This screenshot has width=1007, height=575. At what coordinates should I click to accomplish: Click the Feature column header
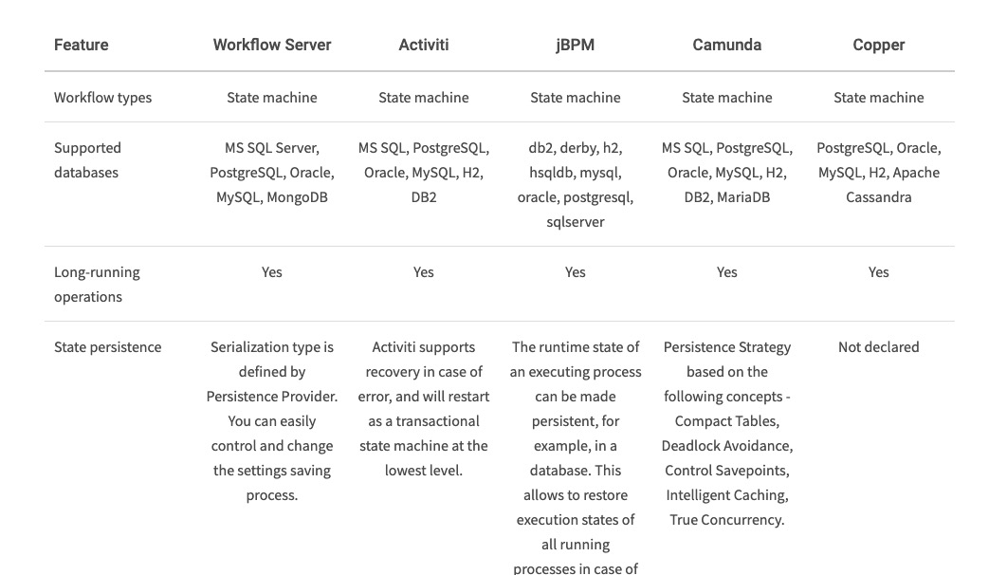(x=81, y=45)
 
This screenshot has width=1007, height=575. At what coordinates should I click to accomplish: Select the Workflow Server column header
(x=272, y=45)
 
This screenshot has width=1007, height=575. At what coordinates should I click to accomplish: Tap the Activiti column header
(x=424, y=45)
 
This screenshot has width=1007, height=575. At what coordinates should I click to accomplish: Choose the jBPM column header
(x=575, y=45)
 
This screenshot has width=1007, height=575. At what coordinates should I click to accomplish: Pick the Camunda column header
(x=727, y=45)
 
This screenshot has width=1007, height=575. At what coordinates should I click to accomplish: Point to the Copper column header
(x=878, y=45)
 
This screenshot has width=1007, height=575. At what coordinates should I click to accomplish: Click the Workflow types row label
(x=102, y=98)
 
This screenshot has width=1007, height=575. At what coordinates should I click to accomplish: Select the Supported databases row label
(x=87, y=160)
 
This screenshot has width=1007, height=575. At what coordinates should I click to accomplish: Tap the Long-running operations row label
(x=97, y=284)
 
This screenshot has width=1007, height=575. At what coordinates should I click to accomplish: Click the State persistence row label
(x=107, y=347)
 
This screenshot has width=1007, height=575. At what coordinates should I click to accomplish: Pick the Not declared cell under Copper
(x=878, y=347)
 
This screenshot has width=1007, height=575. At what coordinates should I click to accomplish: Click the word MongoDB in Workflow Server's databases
(x=297, y=197)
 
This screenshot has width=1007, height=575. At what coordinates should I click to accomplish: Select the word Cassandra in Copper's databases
(x=878, y=197)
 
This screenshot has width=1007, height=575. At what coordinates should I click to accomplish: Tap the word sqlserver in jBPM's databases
(x=575, y=222)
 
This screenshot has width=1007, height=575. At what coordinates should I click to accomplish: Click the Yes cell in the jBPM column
(x=575, y=272)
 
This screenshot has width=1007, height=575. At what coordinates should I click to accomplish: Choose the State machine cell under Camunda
(x=727, y=98)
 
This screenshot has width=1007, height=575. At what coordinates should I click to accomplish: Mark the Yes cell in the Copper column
(x=878, y=272)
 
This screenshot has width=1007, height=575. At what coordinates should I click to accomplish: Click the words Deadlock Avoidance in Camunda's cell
(x=727, y=446)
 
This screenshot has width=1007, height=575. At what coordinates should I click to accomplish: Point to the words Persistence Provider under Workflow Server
(x=272, y=397)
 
